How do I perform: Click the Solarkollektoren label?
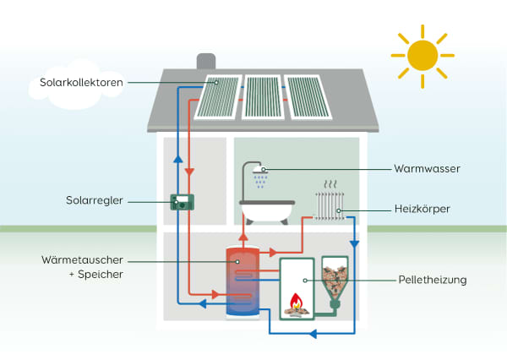point(82,82)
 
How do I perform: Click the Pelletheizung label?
point(432,278)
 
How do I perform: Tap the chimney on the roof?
point(206,63)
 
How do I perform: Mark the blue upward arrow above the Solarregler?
point(178,158)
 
